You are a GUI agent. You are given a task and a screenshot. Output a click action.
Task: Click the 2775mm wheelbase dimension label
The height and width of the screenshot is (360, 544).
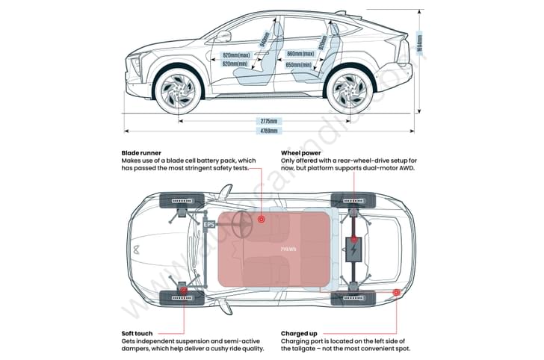269,121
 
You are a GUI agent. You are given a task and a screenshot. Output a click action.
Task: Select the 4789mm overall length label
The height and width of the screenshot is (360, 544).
269,131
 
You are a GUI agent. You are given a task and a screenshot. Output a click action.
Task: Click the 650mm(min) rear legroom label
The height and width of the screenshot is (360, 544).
302,65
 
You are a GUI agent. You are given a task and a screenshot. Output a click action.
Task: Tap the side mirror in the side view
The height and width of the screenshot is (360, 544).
224,36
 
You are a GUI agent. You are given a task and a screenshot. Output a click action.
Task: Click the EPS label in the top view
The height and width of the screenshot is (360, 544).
210,223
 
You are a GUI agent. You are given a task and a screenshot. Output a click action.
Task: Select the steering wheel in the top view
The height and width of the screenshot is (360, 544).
244,224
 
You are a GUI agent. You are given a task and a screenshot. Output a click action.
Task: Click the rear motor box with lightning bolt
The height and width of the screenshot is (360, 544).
353,249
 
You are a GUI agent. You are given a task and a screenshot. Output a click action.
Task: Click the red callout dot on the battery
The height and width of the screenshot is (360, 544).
262,220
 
